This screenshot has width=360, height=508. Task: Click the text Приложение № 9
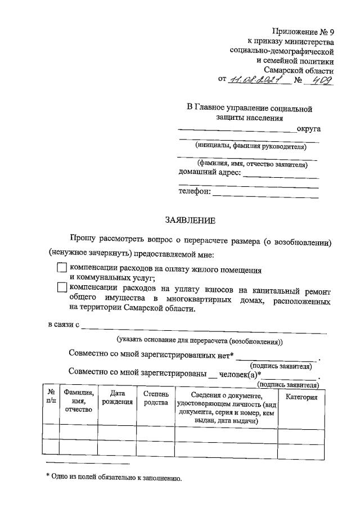click(x=303, y=32)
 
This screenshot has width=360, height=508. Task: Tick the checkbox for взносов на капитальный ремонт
click(x=62, y=287)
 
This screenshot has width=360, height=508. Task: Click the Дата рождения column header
click(x=118, y=397)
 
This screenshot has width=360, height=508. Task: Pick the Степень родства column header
click(x=155, y=397)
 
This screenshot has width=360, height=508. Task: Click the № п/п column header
click(x=51, y=397)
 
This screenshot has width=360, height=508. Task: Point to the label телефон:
click(x=195, y=192)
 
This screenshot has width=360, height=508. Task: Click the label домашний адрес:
click(x=209, y=172)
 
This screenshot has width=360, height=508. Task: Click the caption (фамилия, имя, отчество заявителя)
click(x=248, y=165)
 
